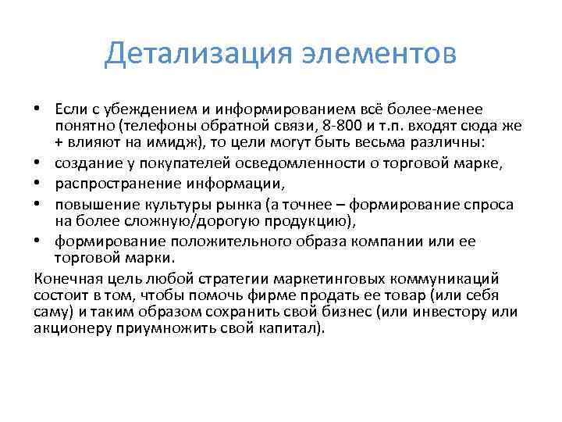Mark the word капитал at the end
(295, 330)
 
